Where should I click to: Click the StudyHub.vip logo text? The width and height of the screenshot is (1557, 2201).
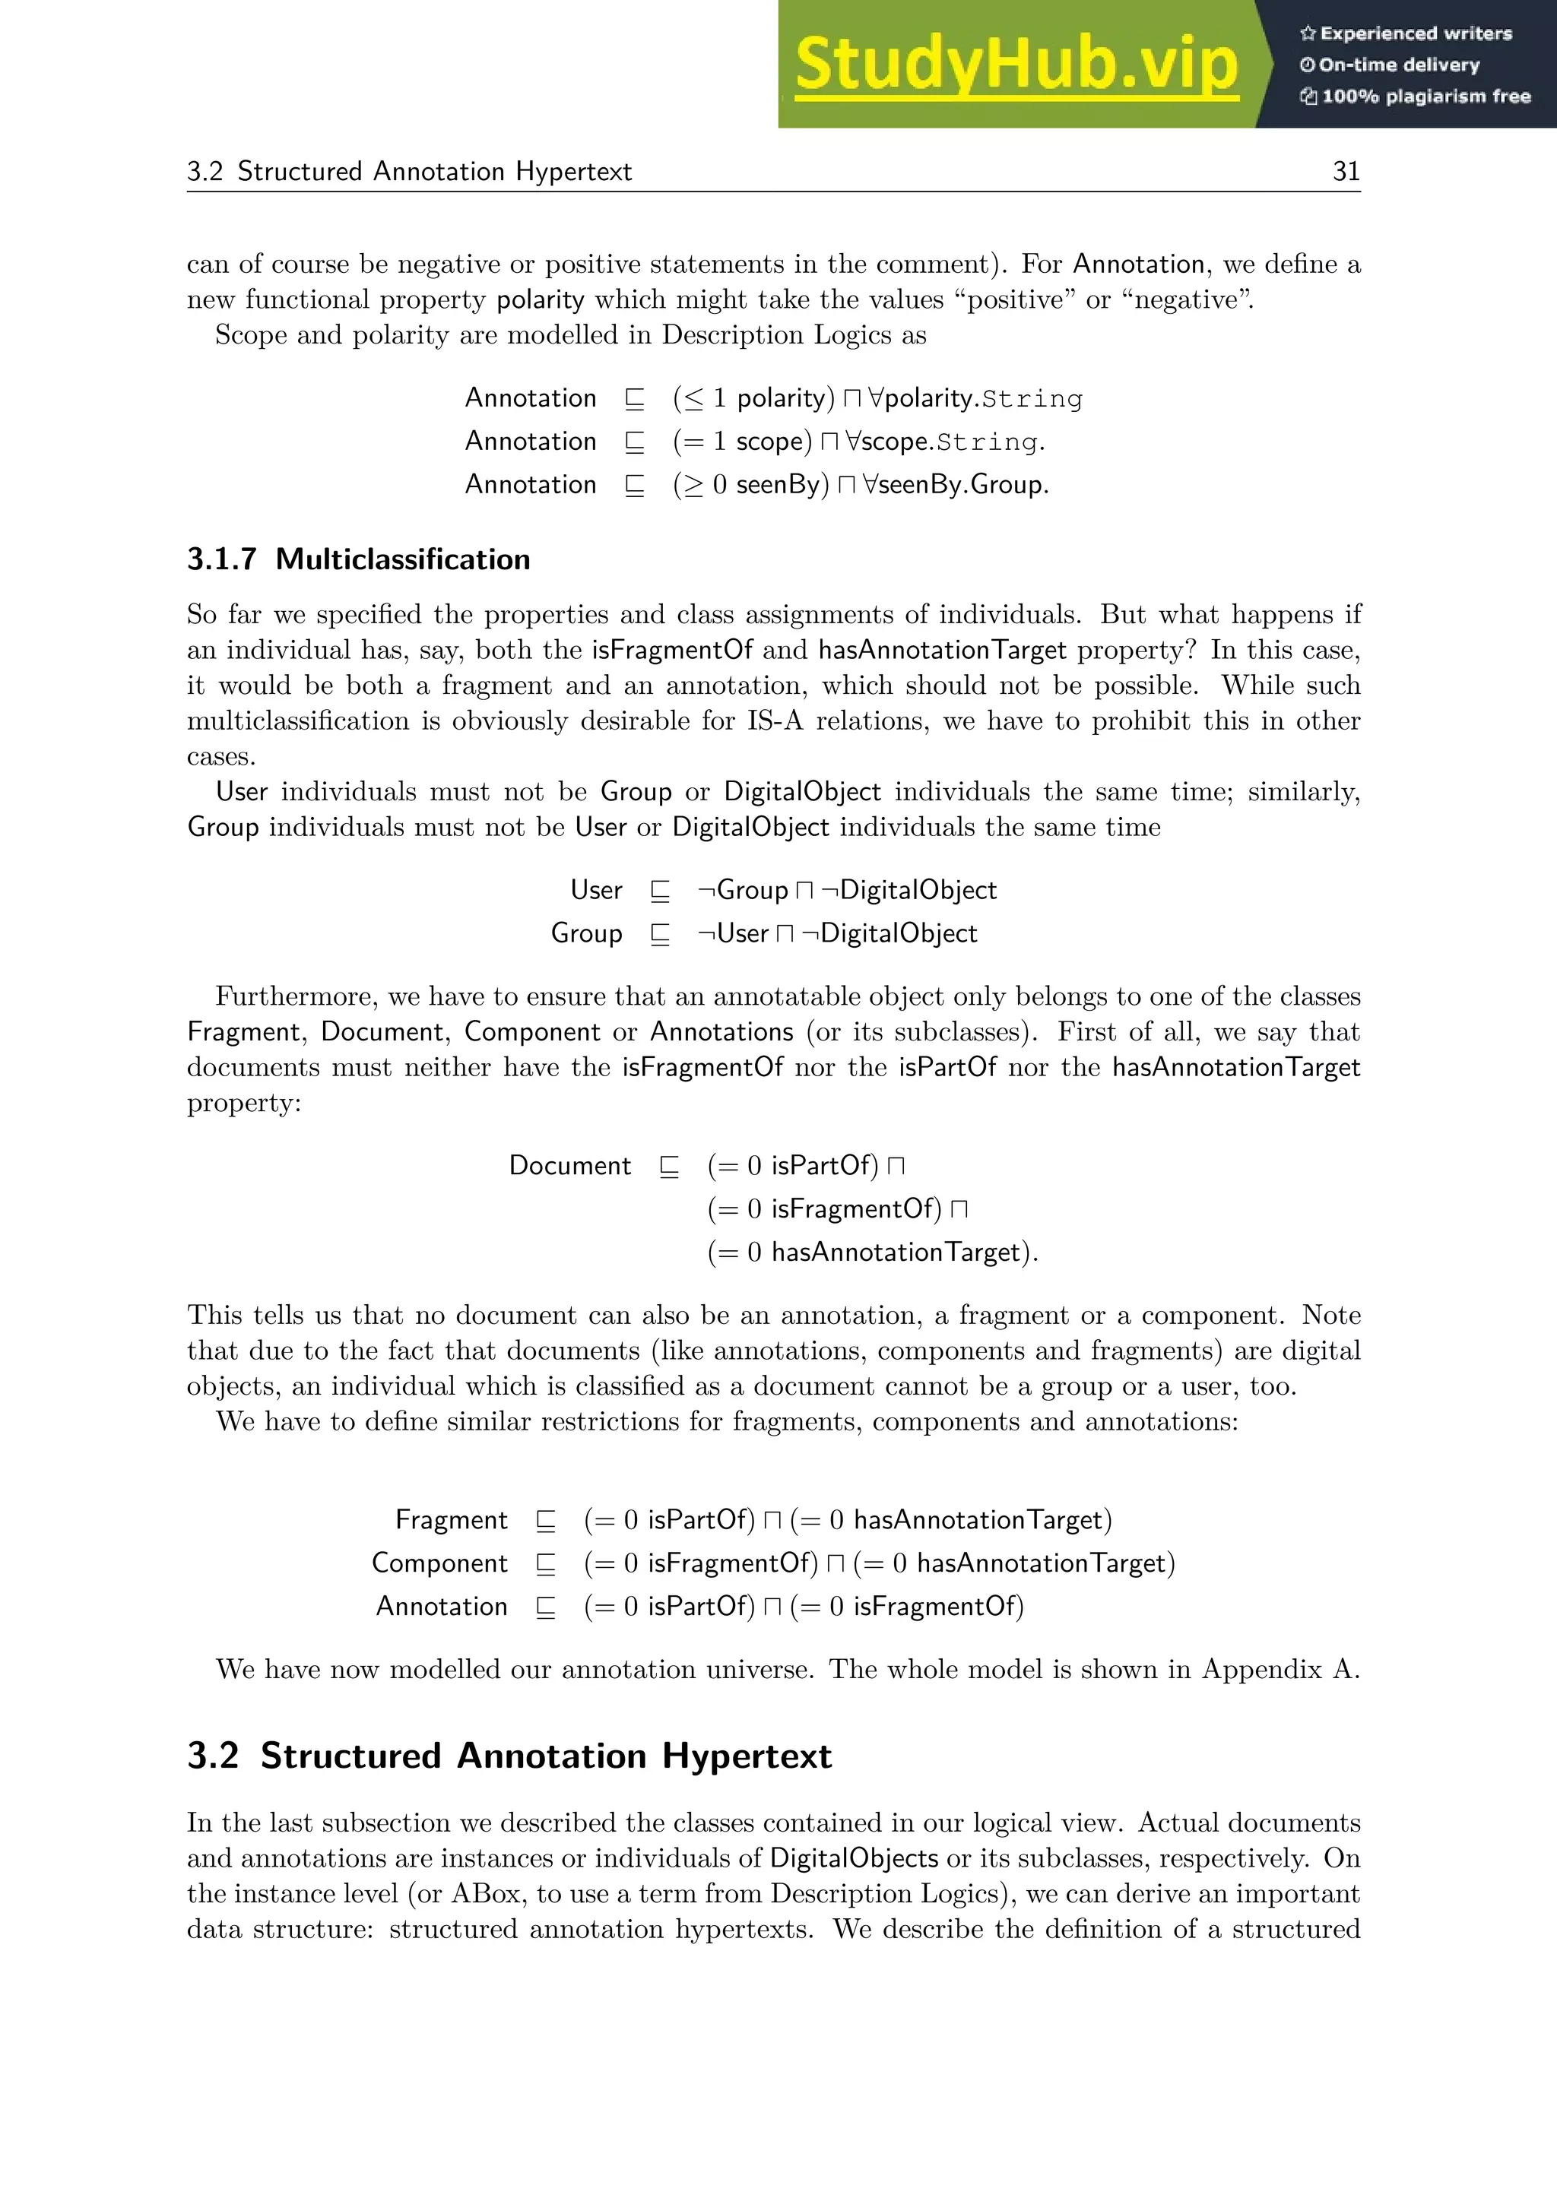point(1016,65)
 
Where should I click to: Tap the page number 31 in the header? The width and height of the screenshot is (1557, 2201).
point(1346,172)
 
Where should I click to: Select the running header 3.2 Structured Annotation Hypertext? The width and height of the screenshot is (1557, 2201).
point(409,172)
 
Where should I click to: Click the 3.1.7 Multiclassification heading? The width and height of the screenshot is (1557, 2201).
point(359,560)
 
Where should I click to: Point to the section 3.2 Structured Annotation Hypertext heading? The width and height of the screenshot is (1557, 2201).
point(509,1756)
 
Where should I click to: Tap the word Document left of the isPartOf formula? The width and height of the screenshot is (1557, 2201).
point(569,1166)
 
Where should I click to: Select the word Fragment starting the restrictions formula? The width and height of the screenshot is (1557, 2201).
point(451,1520)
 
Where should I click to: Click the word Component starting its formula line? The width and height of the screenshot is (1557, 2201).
point(439,1563)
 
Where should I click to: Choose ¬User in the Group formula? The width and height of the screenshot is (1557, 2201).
point(734,934)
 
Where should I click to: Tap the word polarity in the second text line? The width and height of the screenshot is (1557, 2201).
point(540,300)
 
